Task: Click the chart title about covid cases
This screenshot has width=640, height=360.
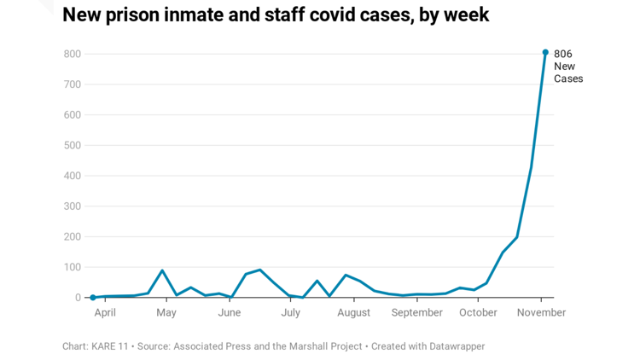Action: pyautogui.click(x=276, y=15)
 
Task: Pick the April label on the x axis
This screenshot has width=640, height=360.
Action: pyautogui.click(x=105, y=313)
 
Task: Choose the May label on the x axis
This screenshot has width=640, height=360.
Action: pyautogui.click(x=166, y=313)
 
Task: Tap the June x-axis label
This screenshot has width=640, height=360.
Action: pyautogui.click(x=229, y=313)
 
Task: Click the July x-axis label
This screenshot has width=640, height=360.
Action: pyautogui.click(x=290, y=313)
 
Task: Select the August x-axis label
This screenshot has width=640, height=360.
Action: pyautogui.click(x=353, y=313)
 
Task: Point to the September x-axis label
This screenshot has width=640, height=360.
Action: pyautogui.click(x=417, y=313)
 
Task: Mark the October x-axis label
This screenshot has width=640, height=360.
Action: pyautogui.click(x=478, y=313)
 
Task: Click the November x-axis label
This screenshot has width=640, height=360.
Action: pyautogui.click(x=541, y=313)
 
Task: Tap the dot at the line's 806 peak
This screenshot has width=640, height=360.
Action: pyautogui.click(x=545, y=52)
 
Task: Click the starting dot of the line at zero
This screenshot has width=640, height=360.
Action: pyautogui.click(x=93, y=298)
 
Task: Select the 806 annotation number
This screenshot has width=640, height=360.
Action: pyautogui.click(x=563, y=54)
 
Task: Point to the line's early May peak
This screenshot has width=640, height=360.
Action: pyautogui.click(x=162, y=270)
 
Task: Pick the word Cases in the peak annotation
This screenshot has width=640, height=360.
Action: pyautogui.click(x=568, y=79)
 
